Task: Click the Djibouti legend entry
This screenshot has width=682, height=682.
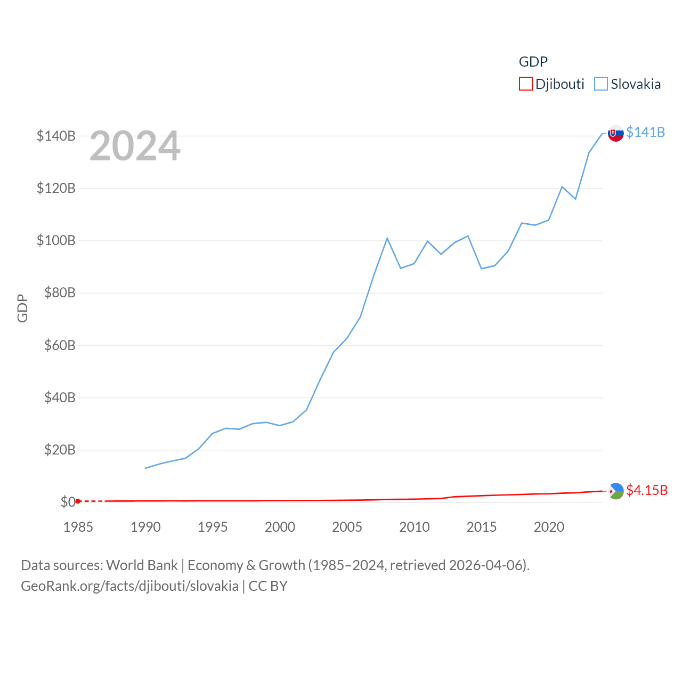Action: coord(552,84)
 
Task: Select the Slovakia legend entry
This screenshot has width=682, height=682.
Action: coord(628,84)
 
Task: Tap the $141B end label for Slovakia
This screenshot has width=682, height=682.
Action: coord(645,132)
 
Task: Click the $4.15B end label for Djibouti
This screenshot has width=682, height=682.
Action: coord(646,490)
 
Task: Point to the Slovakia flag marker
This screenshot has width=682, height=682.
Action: coord(616,133)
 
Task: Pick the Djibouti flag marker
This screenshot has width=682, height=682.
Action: coord(616,491)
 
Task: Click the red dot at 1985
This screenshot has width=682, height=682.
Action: coord(78,501)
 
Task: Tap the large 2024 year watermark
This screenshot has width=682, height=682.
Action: coord(135,146)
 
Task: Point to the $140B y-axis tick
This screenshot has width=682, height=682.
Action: coord(56,136)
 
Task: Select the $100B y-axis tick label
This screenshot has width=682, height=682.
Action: coord(56,240)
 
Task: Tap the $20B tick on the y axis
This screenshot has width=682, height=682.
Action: coord(59,450)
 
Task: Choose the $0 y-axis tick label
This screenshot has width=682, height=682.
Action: coord(68,502)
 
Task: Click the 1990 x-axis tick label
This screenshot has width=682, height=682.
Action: coord(145,527)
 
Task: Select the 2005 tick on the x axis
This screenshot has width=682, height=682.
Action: coord(347,527)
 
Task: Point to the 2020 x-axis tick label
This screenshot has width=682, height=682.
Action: coord(549,527)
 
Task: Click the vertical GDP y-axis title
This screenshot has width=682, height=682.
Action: coord(22,308)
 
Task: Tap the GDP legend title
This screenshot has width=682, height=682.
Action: coord(533,62)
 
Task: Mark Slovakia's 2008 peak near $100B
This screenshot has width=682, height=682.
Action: coord(387,238)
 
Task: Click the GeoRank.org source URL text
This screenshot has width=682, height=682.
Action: coord(129,586)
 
